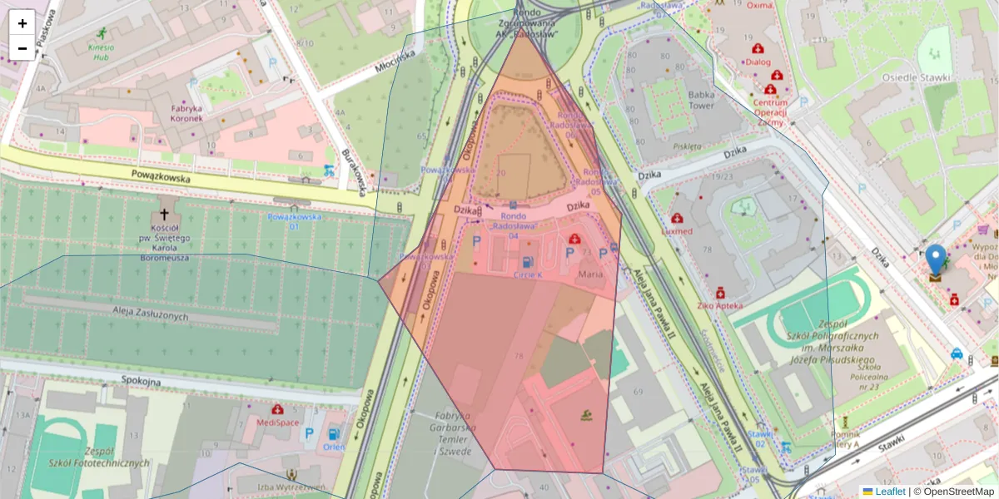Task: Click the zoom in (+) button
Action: point(22,23)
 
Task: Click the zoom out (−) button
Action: point(22,48)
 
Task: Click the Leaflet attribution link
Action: point(890,492)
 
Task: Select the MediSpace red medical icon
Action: point(276,409)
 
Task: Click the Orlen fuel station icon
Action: point(333,433)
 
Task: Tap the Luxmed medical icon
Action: point(678,219)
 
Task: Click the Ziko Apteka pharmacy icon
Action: point(720,293)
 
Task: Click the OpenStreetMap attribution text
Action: point(958,492)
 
